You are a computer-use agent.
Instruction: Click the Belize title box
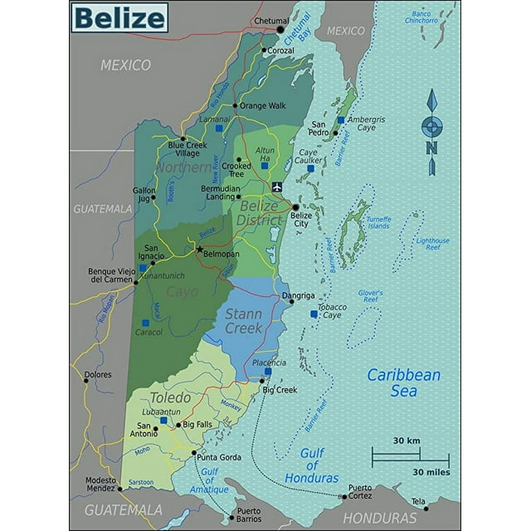tap(119, 17)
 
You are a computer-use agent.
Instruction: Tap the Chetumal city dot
tap(280, 30)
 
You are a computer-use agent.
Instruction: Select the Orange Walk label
tap(263, 105)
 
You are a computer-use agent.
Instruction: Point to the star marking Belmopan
tap(198, 248)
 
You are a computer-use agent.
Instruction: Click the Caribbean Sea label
tap(404, 382)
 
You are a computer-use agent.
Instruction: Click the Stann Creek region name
tap(244, 320)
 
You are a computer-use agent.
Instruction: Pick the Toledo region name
tap(170, 397)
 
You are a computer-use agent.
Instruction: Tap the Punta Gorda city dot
tap(194, 454)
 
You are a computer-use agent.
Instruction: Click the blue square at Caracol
tap(145, 323)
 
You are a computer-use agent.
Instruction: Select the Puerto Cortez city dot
tap(344, 496)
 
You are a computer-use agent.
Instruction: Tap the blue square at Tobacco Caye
tap(314, 314)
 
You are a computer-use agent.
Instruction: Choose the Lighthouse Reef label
tap(432, 245)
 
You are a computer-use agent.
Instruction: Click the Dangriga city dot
tap(290, 301)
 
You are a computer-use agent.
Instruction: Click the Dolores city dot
tap(85, 381)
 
